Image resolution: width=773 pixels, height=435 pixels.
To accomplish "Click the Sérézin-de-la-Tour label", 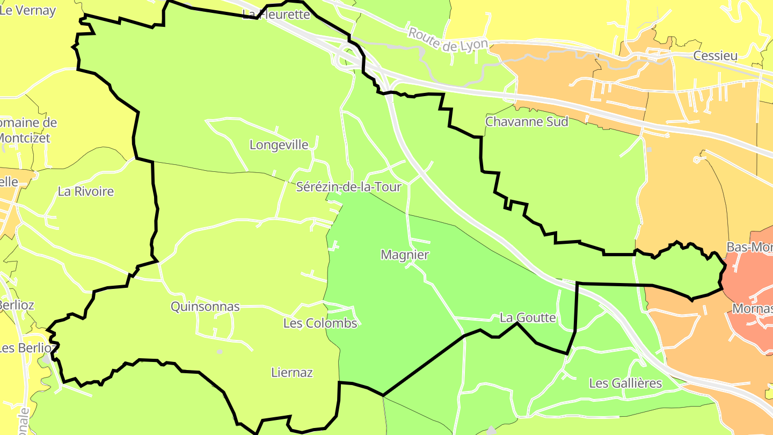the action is click(x=348, y=187).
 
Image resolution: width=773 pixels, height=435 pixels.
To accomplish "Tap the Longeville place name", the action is click(x=279, y=144).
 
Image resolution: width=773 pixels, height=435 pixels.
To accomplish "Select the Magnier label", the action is click(x=405, y=255).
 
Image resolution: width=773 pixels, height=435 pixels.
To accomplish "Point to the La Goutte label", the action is click(x=528, y=317).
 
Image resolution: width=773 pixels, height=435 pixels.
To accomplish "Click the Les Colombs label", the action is click(x=320, y=323).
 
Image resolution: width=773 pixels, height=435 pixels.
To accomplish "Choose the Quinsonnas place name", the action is click(x=205, y=307).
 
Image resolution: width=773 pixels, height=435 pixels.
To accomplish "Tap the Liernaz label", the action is click(x=292, y=372).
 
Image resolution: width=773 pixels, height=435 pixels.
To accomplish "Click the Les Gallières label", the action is click(x=625, y=383).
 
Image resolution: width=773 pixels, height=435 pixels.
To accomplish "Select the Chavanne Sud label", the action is click(x=527, y=121).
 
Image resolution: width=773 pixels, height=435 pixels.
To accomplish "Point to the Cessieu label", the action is click(x=715, y=55).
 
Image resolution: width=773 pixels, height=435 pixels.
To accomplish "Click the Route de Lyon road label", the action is click(x=448, y=39).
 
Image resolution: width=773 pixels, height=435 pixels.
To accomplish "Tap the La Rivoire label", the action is click(x=86, y=191).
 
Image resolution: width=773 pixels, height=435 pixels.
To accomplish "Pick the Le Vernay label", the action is click(x=28, y=10).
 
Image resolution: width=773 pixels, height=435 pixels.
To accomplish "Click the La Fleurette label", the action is click(x=276, y=14).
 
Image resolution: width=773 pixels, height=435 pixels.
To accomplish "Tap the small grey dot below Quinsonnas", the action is click(x=219, y=352).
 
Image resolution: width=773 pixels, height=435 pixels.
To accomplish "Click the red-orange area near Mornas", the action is click(x=752, y=290).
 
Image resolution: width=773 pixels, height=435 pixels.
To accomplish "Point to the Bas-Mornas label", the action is click(x=749, y=247).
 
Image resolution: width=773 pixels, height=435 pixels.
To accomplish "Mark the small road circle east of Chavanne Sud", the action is click(x=697, y=159).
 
